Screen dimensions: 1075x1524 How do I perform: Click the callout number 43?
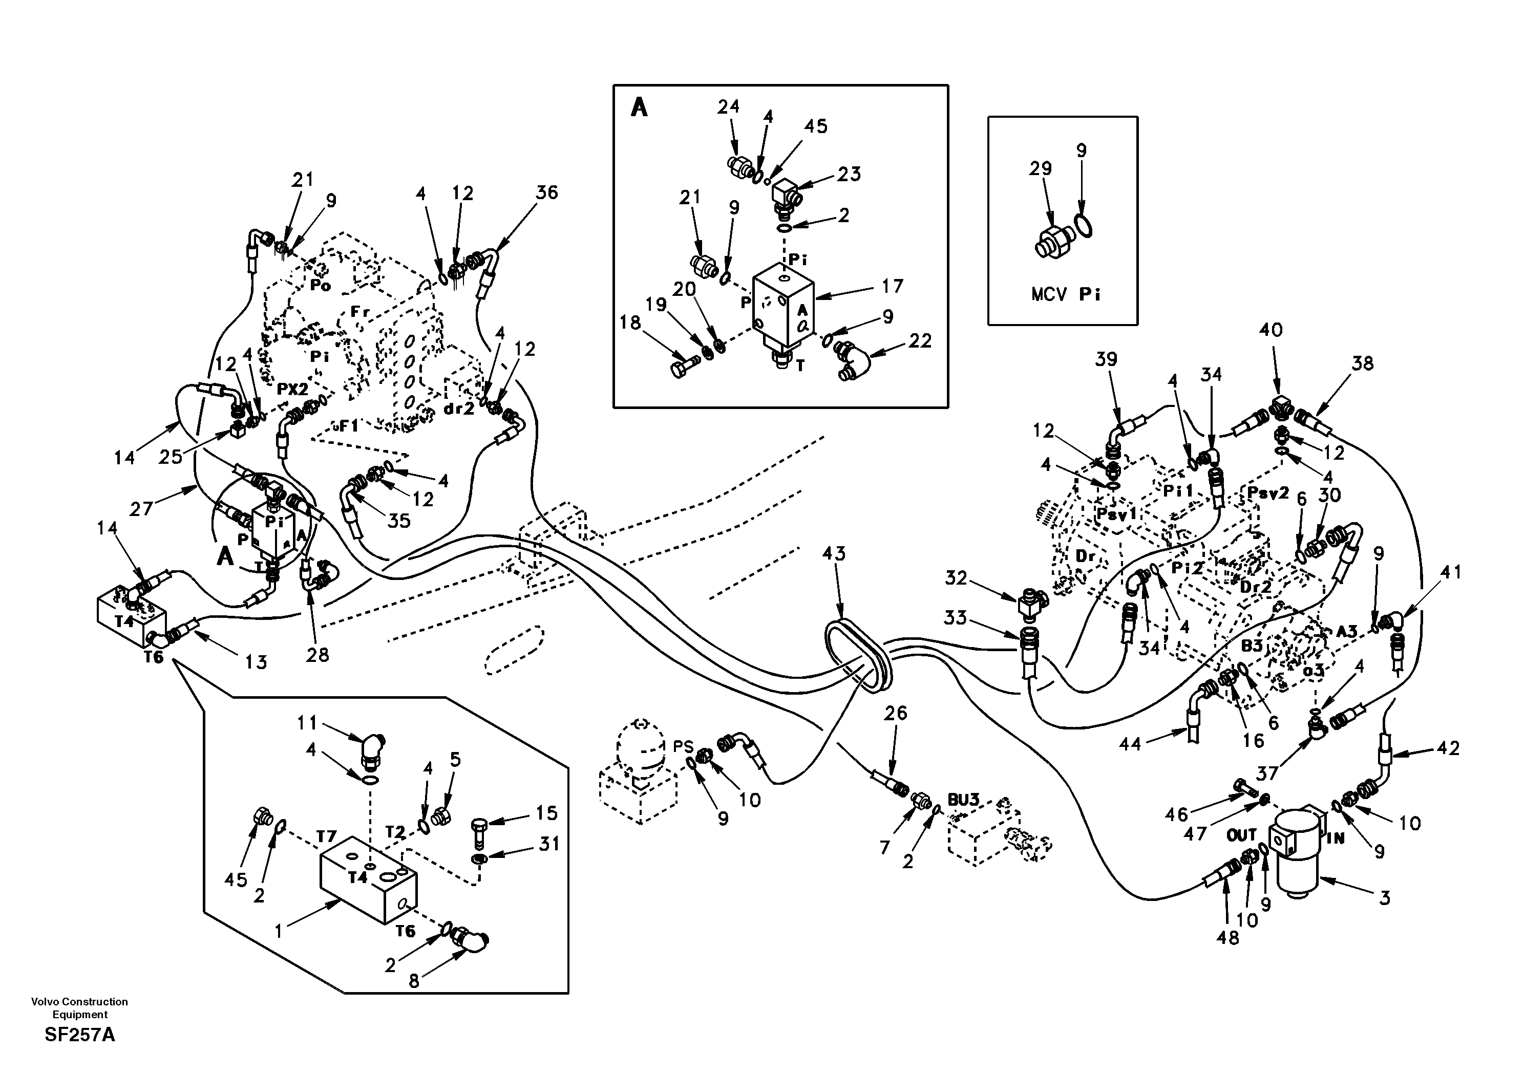click(x=834, y=553)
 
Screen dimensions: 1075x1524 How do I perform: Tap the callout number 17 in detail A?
click(x=892, y=287)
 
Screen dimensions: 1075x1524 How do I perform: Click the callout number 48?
click(x=1227, y=938)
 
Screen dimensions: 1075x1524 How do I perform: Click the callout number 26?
click(x=896, y=714)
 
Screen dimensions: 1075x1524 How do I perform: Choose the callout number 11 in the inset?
click(x=307, y=722)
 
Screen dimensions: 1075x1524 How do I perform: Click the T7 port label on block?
click(x=327, y=837)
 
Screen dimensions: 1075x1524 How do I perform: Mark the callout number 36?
click(x=547, y=192)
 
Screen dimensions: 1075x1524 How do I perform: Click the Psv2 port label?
click(x=1268, y=493)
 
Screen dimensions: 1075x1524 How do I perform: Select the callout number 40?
click(x=1271, y=330)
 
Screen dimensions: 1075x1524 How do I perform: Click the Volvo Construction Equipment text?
click(x=80, y=1008)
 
